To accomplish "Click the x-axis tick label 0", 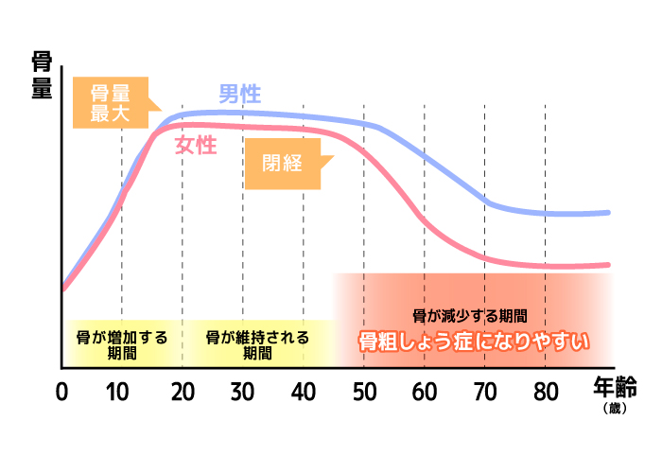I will [62, 391].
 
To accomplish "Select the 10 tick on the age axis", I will [121, 391].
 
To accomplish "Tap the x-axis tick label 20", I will [183, 391].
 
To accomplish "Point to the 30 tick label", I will [243, 391].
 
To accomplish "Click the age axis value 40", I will [304, 391].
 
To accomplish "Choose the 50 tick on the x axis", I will [364, 391].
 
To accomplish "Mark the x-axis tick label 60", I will [425, 391].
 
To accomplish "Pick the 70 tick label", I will [485, 391].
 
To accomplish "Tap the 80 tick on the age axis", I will [546, 391].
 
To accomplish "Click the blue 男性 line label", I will [240, 95].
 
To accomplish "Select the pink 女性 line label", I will [197, 146].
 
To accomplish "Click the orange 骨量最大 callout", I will [112, 104].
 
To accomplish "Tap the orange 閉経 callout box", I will [284, 162].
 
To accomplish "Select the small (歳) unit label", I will [617, 408].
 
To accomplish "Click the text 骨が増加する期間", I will [121, 344].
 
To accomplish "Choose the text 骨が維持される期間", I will [256, 344].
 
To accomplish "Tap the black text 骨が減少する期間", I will [470, 316].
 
